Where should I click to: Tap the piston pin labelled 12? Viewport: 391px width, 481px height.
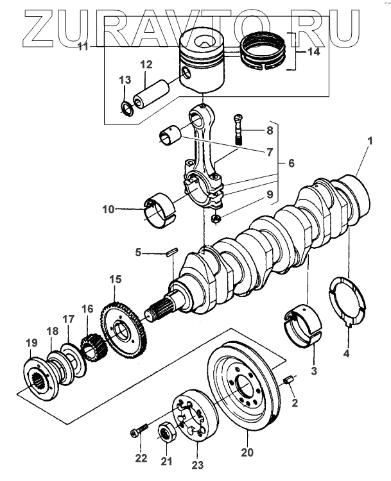tap(152, 94)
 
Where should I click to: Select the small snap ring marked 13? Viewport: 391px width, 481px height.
tap(126, 108)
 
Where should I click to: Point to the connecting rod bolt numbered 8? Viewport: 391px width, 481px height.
tap(239, 130)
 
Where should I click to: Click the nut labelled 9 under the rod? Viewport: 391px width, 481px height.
tap(216, 219)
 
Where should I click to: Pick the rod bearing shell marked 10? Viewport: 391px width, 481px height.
tap(159, 211)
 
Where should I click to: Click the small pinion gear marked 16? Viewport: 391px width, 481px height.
tap(92, 349)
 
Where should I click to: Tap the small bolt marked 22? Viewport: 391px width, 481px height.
tap(139, 429)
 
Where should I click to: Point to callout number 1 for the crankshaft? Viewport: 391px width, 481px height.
tap(370, 141)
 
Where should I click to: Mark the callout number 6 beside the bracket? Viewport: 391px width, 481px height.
tap(291, 163)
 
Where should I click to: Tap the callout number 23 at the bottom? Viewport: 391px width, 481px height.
tap(198, 465)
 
